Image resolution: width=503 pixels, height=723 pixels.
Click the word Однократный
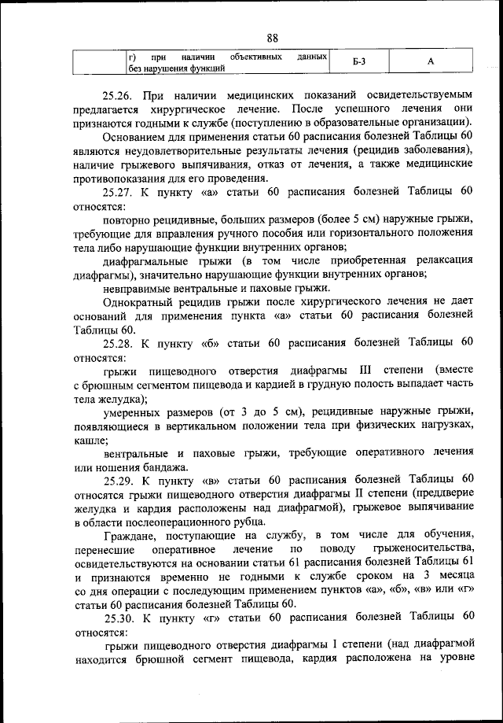pos(139,301)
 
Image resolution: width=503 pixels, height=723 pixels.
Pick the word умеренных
pos(132,411)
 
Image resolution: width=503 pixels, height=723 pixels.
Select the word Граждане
pos(129,534)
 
